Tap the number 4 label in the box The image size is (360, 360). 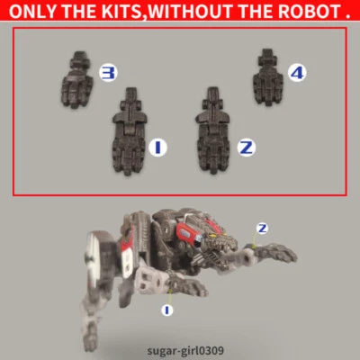pyautogui.click(x=296, y=70)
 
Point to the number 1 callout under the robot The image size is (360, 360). pyautogui.click(x=166, y=310)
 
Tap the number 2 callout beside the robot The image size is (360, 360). pyautogui.click(x=262, y=228)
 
